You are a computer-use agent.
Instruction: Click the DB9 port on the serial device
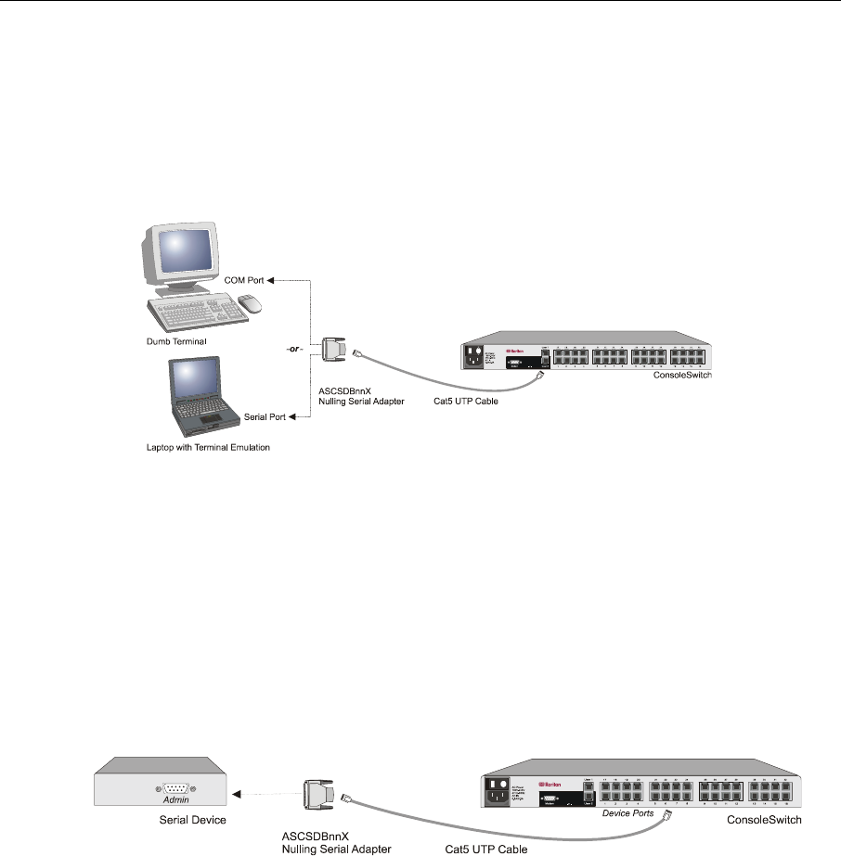177,780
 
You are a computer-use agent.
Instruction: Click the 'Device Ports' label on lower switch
631,812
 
